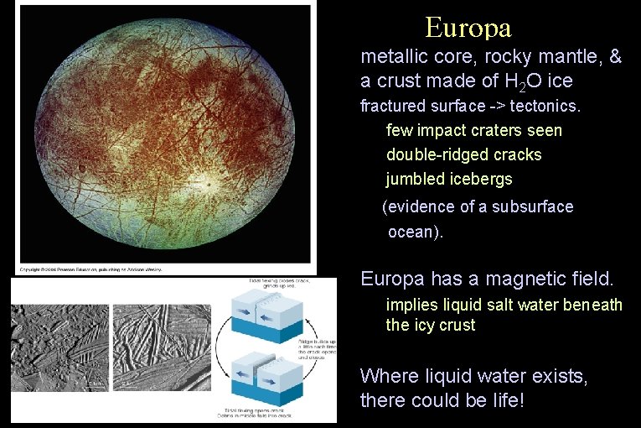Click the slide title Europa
pyautogui.click(x=468, y=28)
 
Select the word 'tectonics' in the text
pyautogui.click(x=545, y=107)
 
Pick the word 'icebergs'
pyautogui.click(x=480, y=180)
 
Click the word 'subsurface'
pyautogui.click(x=532, y=206)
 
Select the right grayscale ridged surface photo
pyautogui.click(x=161, y=348)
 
